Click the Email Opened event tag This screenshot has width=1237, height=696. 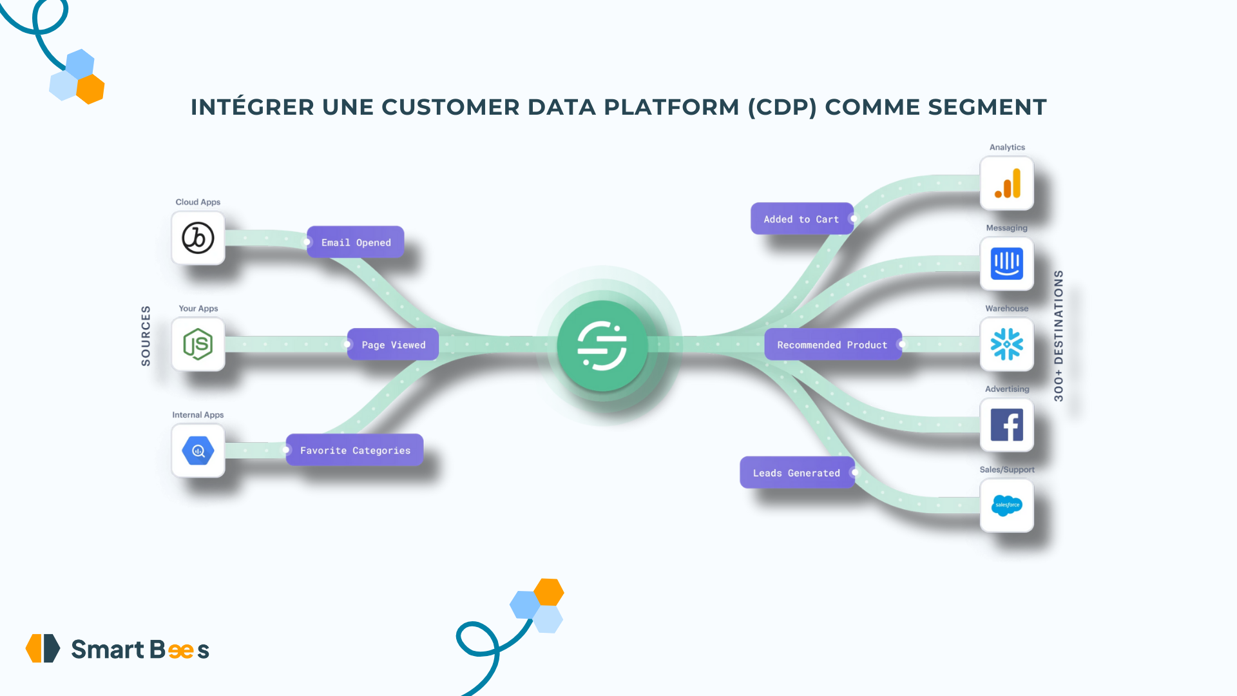[x=356, y=242]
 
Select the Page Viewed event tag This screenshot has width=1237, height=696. [x=393, y=345]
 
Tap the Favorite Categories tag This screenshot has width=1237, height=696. [x=355, y=450]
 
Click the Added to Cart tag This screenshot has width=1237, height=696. [x=801, y=219]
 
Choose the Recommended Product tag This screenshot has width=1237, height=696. [x=832, y=345]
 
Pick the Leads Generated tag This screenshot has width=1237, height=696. [x=796, y=473]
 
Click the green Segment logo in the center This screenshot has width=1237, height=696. [x=602, y=345]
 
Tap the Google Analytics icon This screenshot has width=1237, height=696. [x=1007, y=184]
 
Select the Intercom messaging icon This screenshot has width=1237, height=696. [x=1007, y=264]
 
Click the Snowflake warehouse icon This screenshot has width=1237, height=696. [x=1007, y=345]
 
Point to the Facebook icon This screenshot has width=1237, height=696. [x=1007, y=425]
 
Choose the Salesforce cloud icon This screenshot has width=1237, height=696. [x=1007, y=505]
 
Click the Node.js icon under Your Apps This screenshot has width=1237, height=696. [x=198, y=344]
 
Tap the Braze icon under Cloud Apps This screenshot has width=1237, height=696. [x=198, y=238]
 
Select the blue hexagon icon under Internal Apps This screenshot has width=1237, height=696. [x=198, y=450]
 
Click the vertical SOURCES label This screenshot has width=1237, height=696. [x=146, y=336]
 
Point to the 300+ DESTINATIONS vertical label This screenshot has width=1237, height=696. [x=1059, y=336]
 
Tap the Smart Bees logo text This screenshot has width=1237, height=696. [x=140, y=650]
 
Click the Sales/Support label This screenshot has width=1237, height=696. [x=1007, y=470]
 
